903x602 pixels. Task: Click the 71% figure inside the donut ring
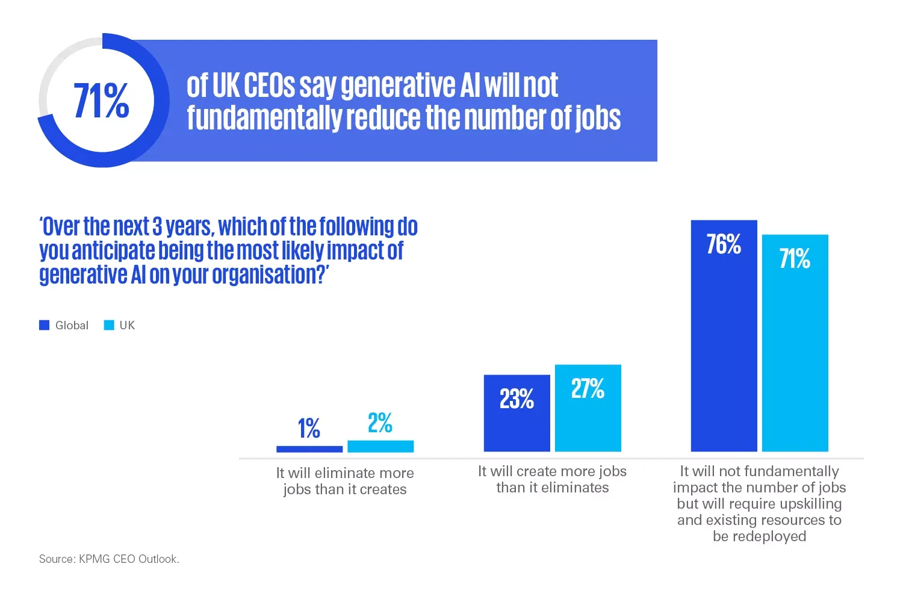click(x=101, y=101)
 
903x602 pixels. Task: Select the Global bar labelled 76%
click(x=724, y=349)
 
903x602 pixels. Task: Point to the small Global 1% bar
click(x=309, y=449)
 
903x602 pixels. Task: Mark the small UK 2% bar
click(x=380, y=446)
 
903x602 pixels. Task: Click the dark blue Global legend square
click(x=44, y=325)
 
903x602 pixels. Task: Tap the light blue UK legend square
click(x=109, y=325)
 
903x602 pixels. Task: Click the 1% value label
click(x=309, y=428)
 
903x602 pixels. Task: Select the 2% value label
click(x=380, y=423)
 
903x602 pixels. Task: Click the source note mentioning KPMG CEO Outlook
click(x=109, y=559)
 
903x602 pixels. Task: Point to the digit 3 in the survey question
click(x=157, y=227)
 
